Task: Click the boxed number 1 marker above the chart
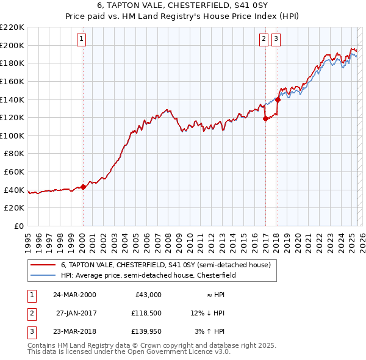82,40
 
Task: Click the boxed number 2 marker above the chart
264,40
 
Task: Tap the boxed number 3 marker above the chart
276,40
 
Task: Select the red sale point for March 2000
83,187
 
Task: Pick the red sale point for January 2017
265,119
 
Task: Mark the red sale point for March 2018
278,99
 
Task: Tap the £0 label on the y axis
18,226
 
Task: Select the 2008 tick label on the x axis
168,239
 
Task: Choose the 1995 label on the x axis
28,239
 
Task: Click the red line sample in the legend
43,265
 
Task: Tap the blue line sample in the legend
43,275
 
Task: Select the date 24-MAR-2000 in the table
74,295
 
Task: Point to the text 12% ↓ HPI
207,314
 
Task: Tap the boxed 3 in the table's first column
31,333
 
